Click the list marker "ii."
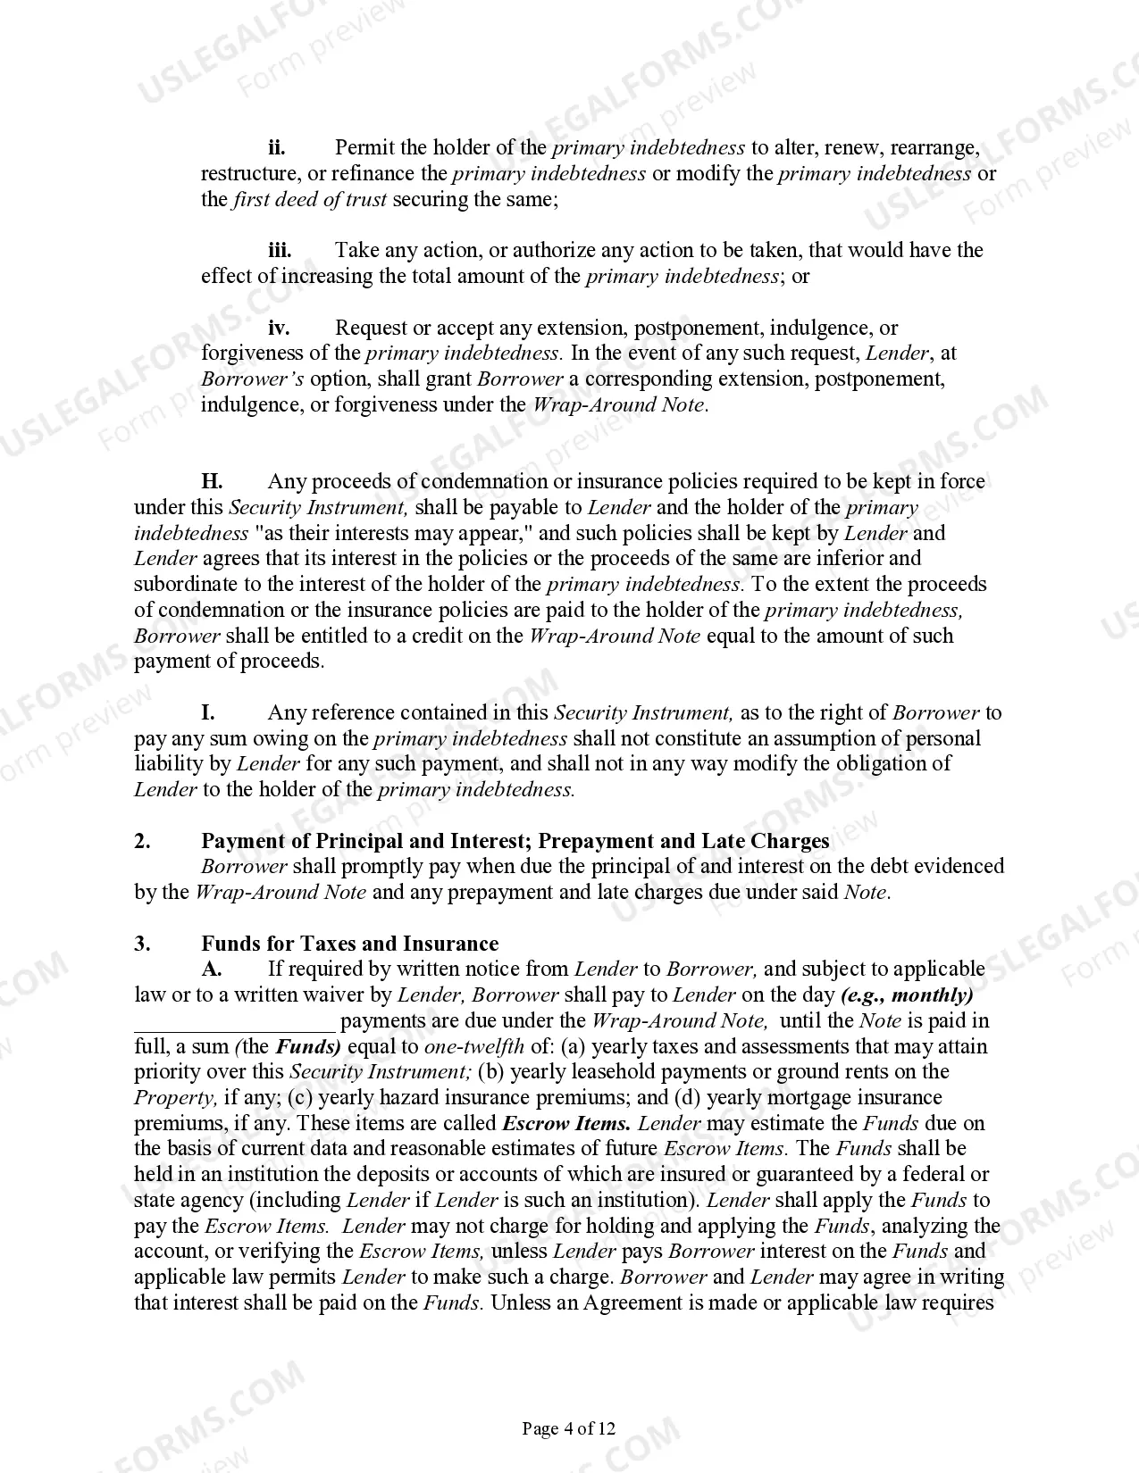coord(277,147)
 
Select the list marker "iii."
coord(280,250)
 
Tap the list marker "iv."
coord(279,328)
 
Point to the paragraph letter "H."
coord(212,482)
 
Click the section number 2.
coord(142,841)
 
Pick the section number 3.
coord(142,944)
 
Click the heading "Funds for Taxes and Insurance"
coord(349,944)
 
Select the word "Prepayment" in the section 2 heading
coord(593,841)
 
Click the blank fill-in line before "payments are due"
coord(235,1022)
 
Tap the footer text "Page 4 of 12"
coord(569,1429)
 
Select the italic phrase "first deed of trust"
coord(310,199)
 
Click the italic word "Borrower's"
coord(252,379)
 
